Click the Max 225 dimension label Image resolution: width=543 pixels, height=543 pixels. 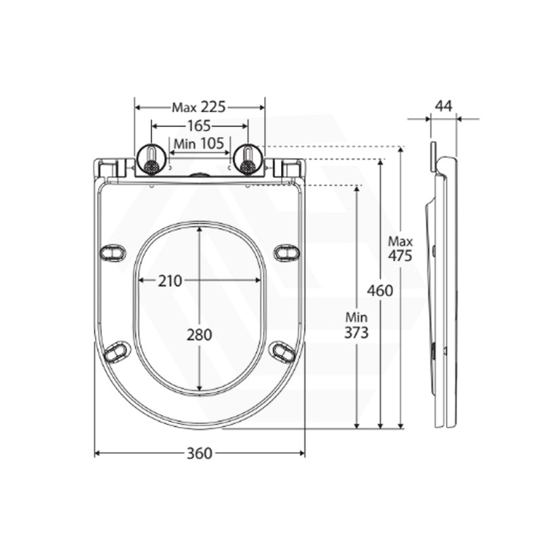199,107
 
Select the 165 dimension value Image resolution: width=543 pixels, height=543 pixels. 199,126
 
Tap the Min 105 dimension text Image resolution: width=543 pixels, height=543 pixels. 199,143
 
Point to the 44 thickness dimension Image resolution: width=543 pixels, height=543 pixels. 444,106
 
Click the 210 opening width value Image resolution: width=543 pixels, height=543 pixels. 170,281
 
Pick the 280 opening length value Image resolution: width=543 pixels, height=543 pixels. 200,335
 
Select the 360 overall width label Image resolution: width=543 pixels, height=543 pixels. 200,453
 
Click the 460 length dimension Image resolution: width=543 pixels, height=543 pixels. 380,291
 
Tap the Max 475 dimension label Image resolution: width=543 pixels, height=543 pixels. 400,248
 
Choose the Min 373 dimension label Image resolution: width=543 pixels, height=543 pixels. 357,325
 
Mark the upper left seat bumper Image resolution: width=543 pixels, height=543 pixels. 113,252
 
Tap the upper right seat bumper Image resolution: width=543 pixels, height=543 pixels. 286,252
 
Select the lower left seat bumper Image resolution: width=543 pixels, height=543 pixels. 117,351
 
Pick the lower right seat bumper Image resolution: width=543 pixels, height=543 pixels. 283,351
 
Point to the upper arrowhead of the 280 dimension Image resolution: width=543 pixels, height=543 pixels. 200,229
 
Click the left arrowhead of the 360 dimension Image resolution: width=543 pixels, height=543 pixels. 98,453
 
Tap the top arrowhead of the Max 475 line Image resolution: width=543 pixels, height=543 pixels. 401,149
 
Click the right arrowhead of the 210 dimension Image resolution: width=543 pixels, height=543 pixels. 257,280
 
